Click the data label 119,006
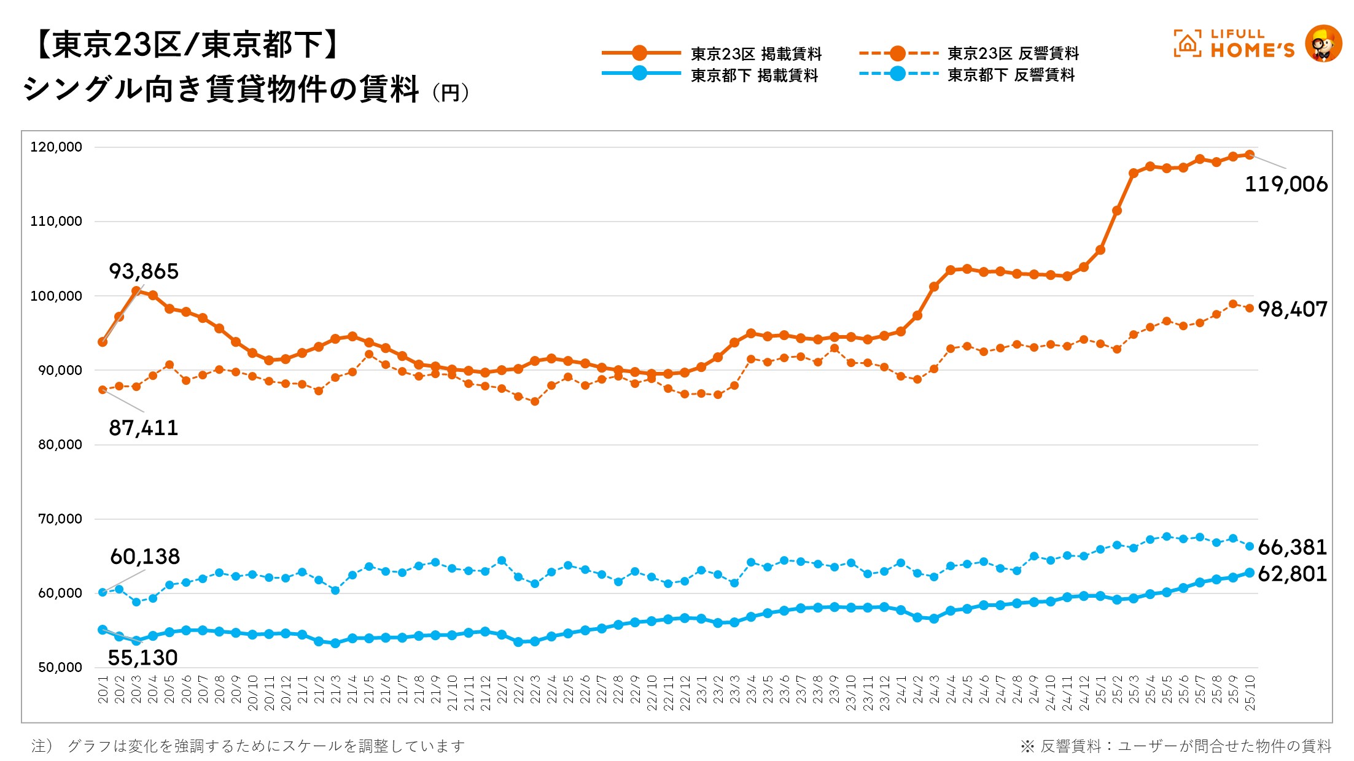pyautogui.click(x=1285, y=184)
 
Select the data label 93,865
pyautogui.click(x=144, y=271)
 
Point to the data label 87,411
pyautogui.click(x=144, y=428)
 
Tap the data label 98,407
pyautogui.click(x=1293, y=309)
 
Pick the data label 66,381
pyautogui.click(x=1293, y=547)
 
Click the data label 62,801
pyautogui.click(x=1293, y=574)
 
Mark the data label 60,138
pyautogui.click(x=145, y=557)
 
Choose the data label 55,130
pyautogui.click(x=142, y=658)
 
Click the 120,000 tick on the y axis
pyautogui.click(x=56, y=147)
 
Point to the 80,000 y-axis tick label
pyautogui.click(x=60, y=445)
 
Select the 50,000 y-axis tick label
pyautogui.click(x=60, y=668)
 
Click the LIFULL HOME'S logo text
pyautogui.click(x=1251, y=44)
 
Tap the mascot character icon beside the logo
pyautogui.click(x=1323, y=44)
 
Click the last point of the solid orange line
pyautogui.click(x=1249, y=155)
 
